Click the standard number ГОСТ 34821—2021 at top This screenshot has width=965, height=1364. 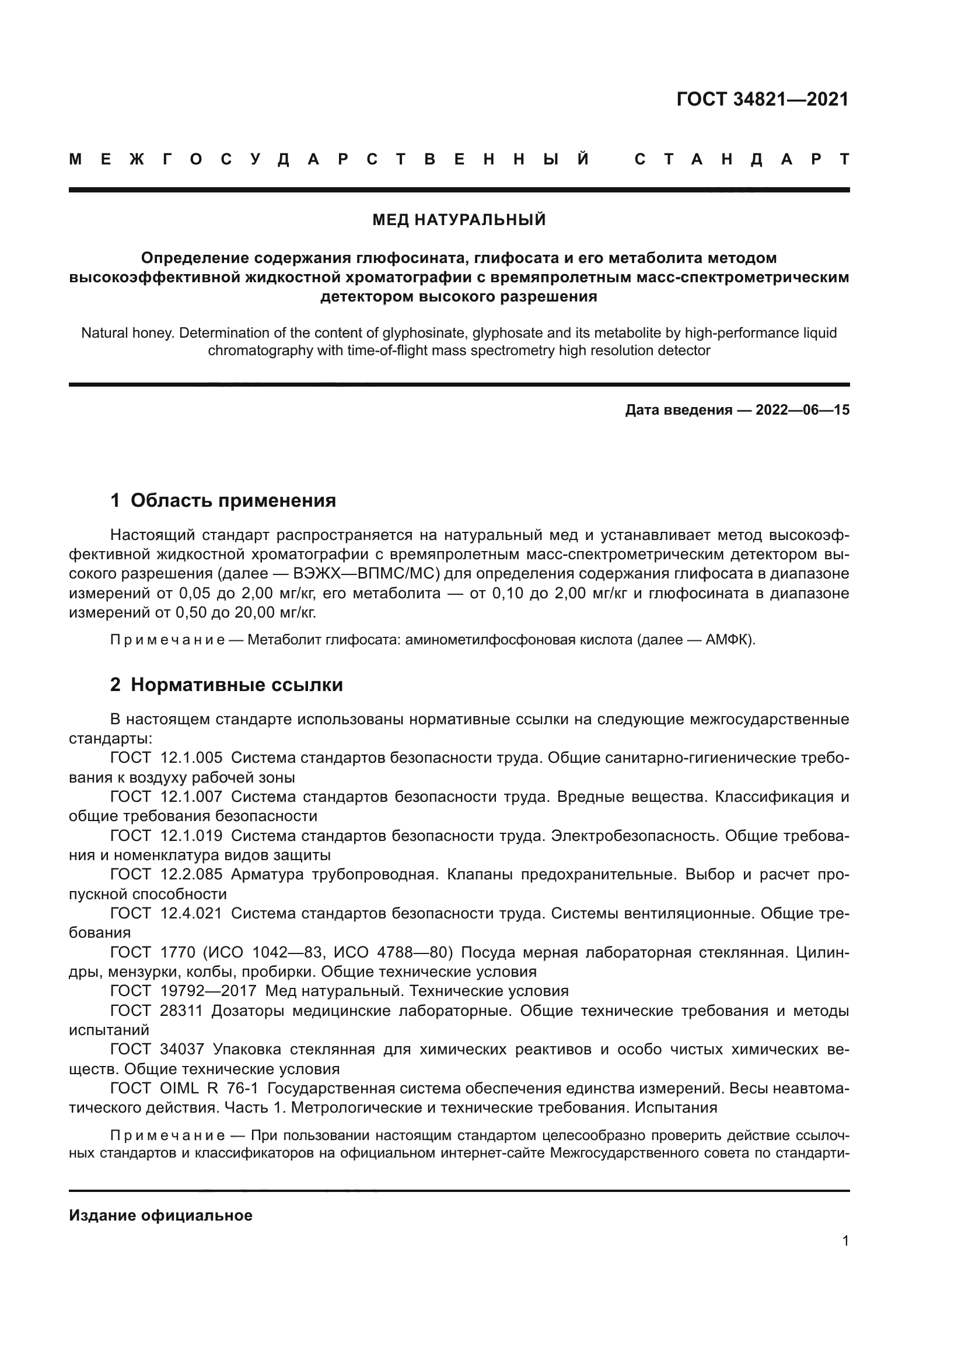tap(763, 99)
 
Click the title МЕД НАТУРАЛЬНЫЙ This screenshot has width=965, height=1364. tap(459, 220)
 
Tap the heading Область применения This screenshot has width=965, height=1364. tap(233, 501)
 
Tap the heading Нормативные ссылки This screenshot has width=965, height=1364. tap(236, 685)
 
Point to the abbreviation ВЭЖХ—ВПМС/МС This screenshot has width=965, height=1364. tap(366, 574)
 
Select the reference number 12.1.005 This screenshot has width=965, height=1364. tap(191, 758)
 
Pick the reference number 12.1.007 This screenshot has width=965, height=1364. tap(191, 797)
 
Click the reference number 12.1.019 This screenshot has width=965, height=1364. tap(191, 836)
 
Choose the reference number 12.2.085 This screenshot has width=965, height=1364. tap(191, 875)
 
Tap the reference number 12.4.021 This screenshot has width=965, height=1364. tap(191, 913)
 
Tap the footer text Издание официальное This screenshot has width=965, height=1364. tap(160, 1215)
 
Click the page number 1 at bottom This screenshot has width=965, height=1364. tap(845, 1241)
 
